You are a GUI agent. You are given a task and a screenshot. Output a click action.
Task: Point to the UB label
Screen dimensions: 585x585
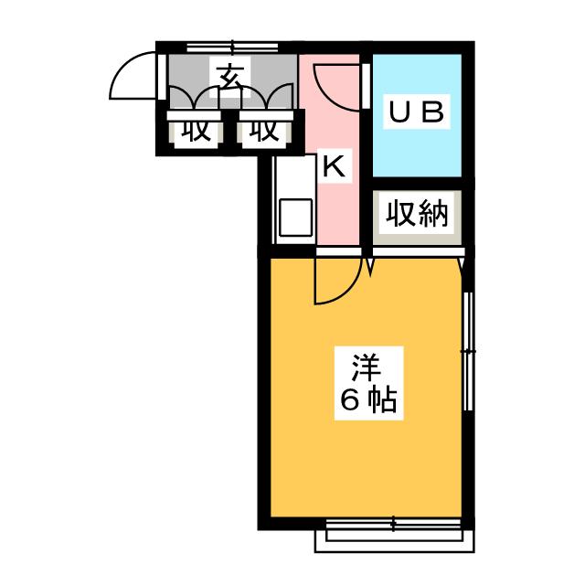click(x=417, y=112)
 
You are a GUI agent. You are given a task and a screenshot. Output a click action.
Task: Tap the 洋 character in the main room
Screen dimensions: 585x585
click(x=367, y=368)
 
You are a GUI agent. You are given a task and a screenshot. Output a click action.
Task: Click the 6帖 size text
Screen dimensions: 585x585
click(x=367, y=400)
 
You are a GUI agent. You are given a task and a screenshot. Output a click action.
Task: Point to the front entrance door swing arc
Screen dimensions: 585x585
click(x=132, y=75)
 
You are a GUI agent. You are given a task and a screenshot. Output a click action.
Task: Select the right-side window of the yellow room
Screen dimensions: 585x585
click(x=468, y=351)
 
